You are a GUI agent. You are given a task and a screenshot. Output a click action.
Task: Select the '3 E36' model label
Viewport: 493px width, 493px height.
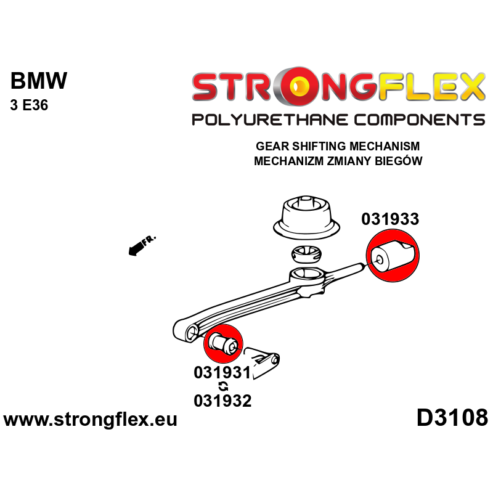pos(29,105)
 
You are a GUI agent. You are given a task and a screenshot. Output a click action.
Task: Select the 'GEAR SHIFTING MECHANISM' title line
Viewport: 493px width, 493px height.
pos(337,147)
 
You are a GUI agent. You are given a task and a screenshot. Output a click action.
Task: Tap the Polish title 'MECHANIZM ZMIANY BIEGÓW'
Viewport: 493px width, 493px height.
pos(337,161)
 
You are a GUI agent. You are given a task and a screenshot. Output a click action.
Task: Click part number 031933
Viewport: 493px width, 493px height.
pos(390,219)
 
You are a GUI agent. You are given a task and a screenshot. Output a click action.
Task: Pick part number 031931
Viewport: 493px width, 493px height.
pos(222,373)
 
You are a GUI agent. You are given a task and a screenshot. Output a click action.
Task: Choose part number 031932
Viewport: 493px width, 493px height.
pos(222,401)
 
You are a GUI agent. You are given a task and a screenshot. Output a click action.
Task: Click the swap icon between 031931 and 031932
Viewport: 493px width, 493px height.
pos(223,386)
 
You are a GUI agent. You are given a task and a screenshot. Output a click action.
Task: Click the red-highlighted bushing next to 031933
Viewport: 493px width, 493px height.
pos(393,258)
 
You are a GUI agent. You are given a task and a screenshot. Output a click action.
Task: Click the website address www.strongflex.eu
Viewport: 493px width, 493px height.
pos(91,420)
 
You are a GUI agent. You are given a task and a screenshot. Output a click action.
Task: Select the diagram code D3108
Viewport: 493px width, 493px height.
pos(452,418)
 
